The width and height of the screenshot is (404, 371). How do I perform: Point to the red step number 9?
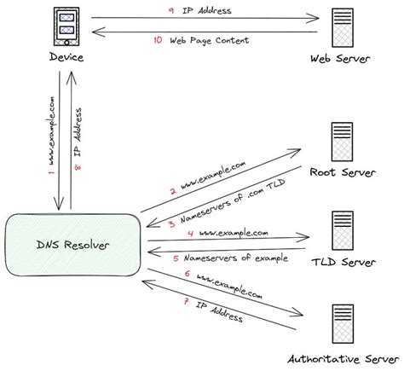(x=170, y=11)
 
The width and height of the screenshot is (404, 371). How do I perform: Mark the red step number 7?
(x=185, y=304)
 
